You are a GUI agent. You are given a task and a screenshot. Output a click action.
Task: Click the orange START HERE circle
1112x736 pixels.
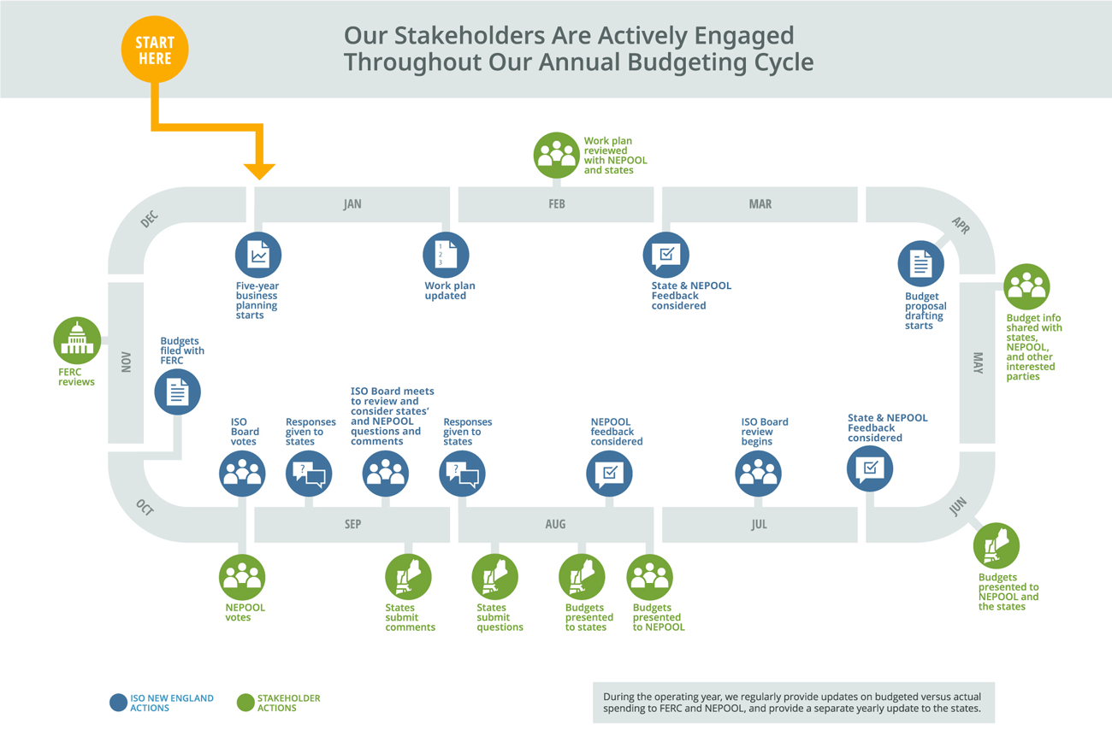(x=155, y=50)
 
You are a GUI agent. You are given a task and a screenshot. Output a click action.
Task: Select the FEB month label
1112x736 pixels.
(x=557, y=203)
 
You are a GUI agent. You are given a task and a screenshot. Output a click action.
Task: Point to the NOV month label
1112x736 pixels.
(x=126, y=362)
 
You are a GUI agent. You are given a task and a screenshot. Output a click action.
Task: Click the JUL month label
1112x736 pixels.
(x=759, y=524)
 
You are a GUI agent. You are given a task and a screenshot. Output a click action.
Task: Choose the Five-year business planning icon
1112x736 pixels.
(x=258, y=255)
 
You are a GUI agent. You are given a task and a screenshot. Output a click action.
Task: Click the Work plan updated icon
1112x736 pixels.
(x=446, y=255)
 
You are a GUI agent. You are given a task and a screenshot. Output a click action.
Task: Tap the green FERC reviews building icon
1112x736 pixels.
(x=77, y=341)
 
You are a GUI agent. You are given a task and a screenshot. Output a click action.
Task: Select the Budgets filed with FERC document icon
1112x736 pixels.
(x=178, y=392)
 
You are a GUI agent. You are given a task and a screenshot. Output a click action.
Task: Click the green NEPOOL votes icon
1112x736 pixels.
(x=242, y=577)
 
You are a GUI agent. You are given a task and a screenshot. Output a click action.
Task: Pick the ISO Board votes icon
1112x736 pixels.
(x=242, y=474)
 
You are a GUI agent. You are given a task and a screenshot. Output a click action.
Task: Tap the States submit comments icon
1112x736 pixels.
(x=408, y=577)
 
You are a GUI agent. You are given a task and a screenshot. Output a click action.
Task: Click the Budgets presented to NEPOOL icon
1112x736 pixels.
(x=650, y=577)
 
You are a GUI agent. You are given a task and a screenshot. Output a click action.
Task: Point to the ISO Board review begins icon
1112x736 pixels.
(x=758, y=474)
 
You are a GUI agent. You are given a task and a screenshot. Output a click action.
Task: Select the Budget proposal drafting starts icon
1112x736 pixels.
(x=921, y=264)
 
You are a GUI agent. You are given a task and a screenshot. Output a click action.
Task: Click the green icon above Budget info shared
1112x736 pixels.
(x=1026, y=286)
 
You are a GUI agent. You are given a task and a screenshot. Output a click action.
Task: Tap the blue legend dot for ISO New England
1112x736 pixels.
(x=118, y=703)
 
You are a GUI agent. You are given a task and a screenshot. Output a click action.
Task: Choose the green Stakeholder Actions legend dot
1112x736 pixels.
(x=245, y=703)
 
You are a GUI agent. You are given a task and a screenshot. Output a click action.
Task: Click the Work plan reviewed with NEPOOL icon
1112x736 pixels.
(x=557, y=156)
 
